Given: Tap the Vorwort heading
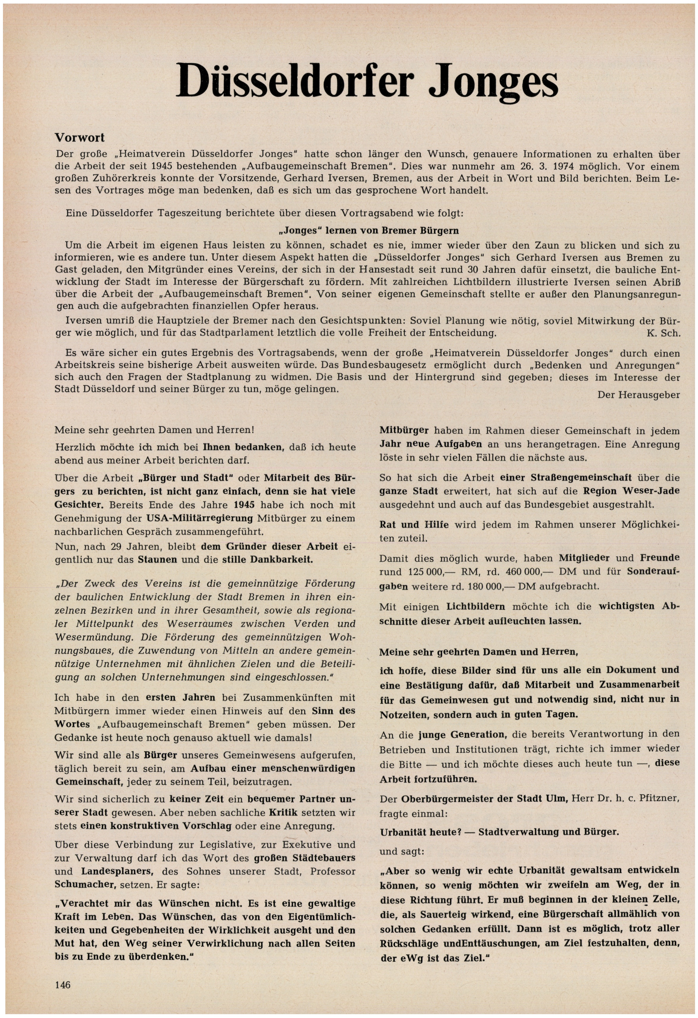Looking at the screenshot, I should (x=79, y=138).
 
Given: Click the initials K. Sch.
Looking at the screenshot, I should (x=663, y=333).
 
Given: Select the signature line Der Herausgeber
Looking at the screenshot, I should (x=638, y=395).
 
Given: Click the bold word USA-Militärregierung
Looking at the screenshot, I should (x=199, y=518).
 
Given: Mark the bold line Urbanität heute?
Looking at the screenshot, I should (x=420, y=832).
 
